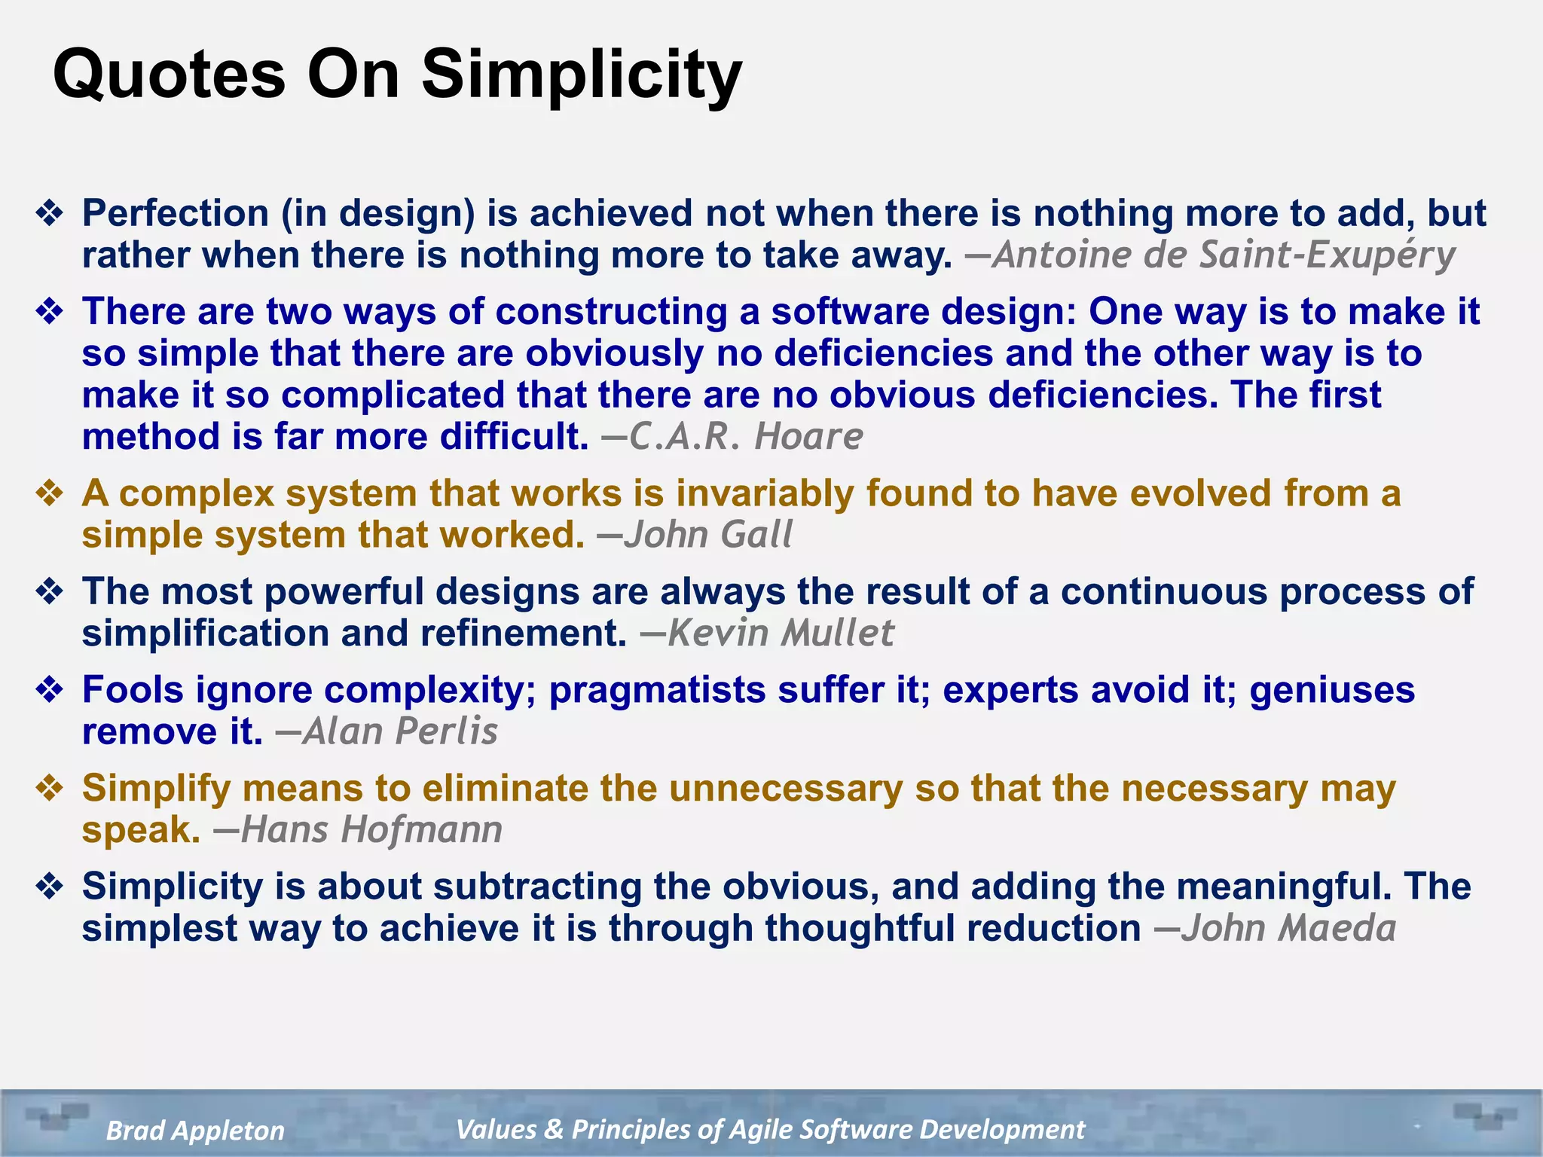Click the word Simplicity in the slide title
[582, 75]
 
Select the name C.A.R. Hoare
[745, 437]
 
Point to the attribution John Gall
[707, 536]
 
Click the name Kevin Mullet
[780, 633]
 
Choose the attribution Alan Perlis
[399, 731]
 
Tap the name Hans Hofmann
[371, 830]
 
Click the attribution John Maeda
[1288, 928]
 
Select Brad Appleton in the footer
[195, 1131]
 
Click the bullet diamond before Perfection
[50, 213]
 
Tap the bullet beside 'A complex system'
[50, 493]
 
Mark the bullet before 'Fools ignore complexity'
[50, 690]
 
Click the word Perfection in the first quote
[175, 213]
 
